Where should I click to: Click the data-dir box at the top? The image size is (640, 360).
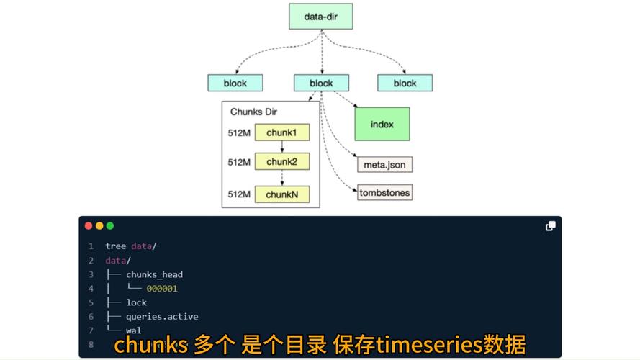[320, 16]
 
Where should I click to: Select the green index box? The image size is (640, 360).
[382, 124]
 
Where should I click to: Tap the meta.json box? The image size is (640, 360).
[384, 165]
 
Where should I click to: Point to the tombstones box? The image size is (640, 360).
[384, 192]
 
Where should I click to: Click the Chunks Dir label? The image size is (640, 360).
[253, 112]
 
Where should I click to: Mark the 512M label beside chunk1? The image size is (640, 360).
[239, 133]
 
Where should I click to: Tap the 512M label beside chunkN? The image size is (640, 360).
[239, 194]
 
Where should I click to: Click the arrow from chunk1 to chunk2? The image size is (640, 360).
[281, 147]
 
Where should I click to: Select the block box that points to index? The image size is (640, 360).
[321, 83]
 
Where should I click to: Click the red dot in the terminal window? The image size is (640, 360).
[89, 225]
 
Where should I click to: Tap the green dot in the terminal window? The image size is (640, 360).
[110, 225]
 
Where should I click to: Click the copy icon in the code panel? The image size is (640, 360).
[550, 226]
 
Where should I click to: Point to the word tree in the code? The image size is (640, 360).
[115, 246]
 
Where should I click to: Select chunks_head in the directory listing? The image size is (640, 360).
[154, 274]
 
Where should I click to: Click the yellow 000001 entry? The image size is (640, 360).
[162, 289]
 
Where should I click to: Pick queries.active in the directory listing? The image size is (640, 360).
[162, 317]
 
